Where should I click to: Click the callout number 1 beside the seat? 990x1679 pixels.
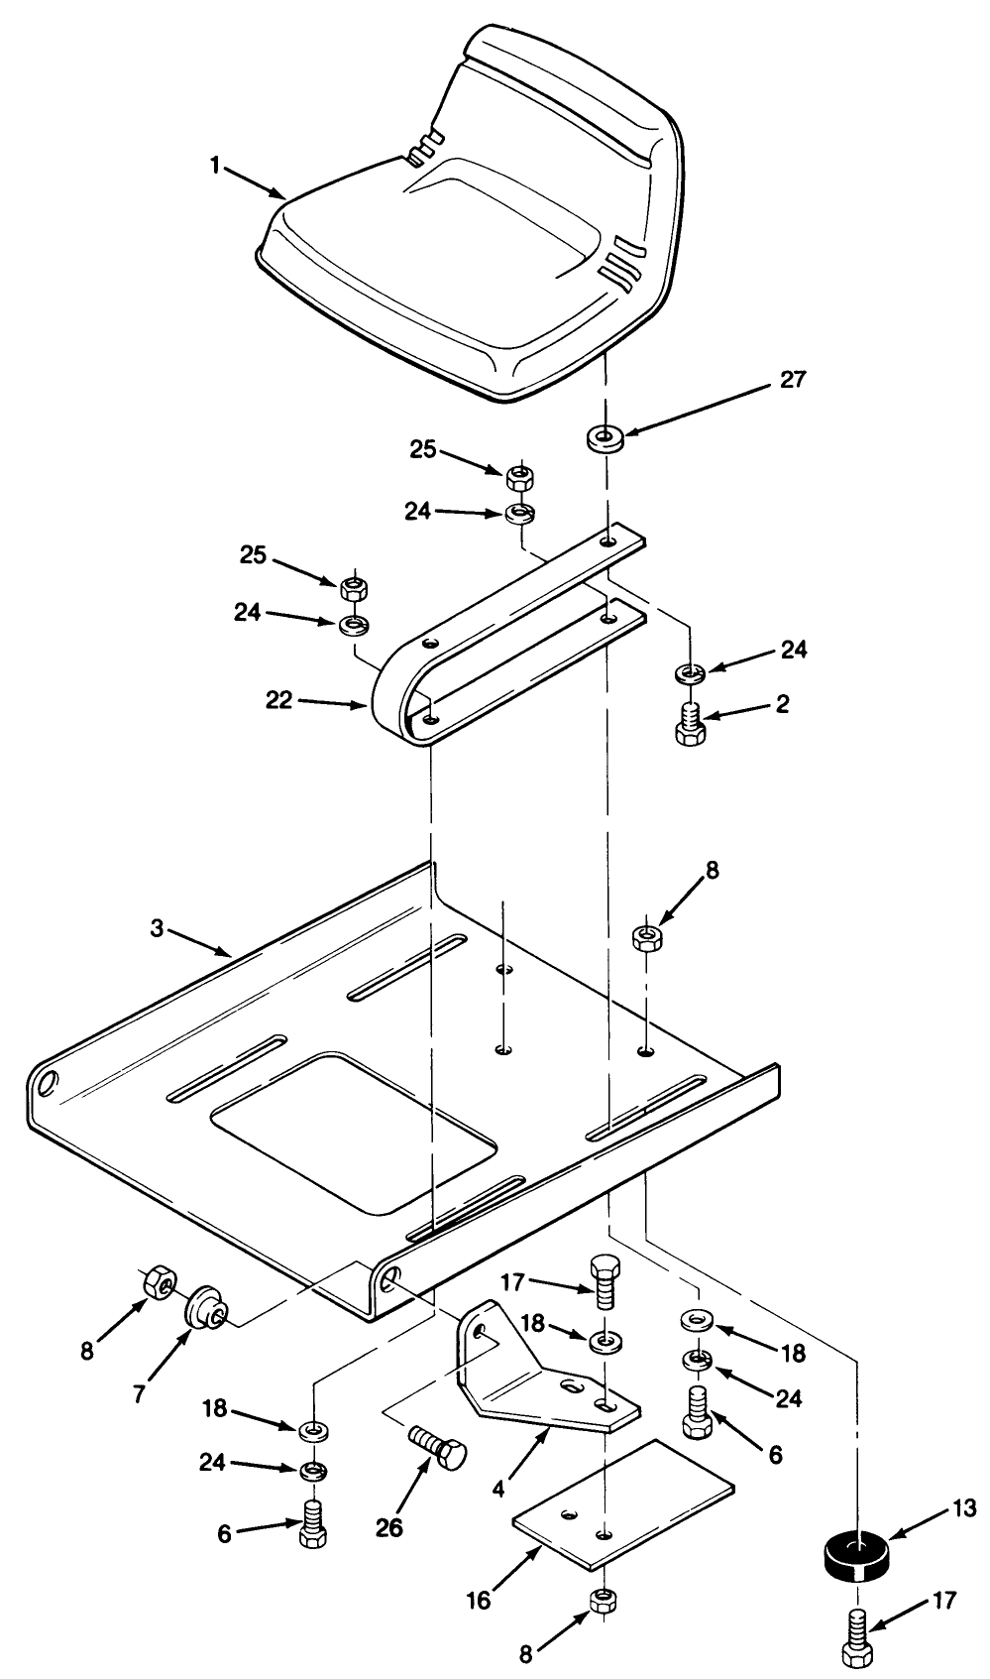214,166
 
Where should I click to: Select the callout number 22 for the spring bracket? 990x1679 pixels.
280,700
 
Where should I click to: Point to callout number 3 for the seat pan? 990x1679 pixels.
157,928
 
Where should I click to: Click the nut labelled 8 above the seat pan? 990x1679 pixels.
646,937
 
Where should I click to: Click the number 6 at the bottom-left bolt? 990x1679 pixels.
225,1533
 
